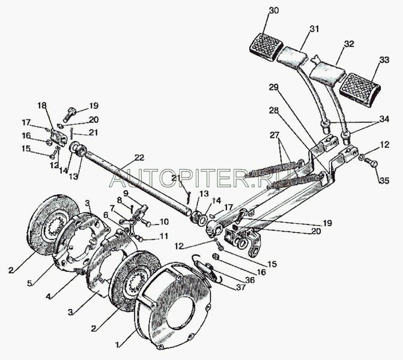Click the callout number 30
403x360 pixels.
pyautogui.click(x=274, y=11)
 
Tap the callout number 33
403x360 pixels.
pyautogui.click(x=384, y=59)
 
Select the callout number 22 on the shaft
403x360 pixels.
pyautogui.click(x=139, y=157)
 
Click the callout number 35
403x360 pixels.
pyautogui.click(x=384, y=181)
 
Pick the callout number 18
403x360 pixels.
pyautogui.click(x=43, y=105)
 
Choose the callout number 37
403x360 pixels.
pyautogui.click(x=241, y=287)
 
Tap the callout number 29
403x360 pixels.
pyautogui.click(x=274, y=88)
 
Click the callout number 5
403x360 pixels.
pyautogui.click(x=30, y=283)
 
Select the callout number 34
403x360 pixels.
pyautogui.click(x=384, y=119)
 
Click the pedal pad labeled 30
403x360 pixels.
pyautogui.click(x=264, y=48)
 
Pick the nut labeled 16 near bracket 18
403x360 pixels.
pyautogui.click(x=48, y=142)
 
